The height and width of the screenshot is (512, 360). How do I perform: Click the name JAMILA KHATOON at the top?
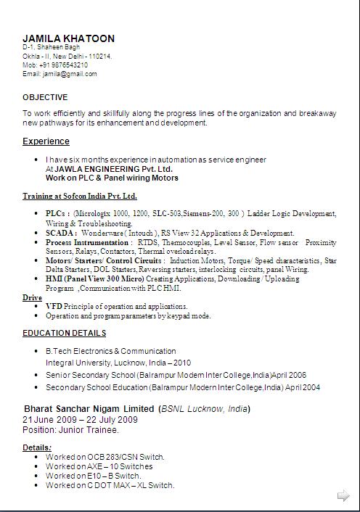(68, 38)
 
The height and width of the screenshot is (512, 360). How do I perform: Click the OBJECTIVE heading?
(45, 97)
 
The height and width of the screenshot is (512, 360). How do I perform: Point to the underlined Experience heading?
(46, 141)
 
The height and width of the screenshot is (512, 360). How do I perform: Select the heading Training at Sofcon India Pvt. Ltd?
(80, 196)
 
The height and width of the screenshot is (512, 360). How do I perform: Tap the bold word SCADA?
(59, 234)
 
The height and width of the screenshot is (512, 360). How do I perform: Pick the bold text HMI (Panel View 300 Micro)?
(94, 278)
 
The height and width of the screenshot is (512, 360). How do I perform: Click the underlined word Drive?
(32, 297)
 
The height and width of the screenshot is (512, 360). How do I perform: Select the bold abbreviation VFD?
(54, 307)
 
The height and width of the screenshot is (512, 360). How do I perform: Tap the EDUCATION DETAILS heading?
(64, 333)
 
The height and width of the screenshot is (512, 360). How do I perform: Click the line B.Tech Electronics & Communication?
(110, 351)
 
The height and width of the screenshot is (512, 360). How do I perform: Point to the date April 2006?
(290, 375)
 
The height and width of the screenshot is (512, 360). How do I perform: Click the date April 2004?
(303, 388)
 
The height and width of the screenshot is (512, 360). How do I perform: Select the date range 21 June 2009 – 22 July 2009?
(80, 420)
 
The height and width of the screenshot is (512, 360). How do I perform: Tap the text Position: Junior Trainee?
(70, 430)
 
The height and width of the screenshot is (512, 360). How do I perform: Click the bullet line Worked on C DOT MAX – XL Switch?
(110, 485)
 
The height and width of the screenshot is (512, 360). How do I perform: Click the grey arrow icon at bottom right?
(343, 496)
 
